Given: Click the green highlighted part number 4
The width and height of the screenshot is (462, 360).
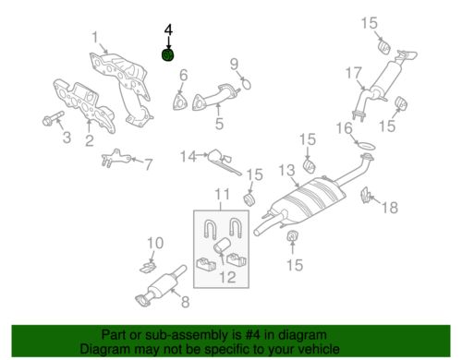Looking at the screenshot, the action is click(168, 55).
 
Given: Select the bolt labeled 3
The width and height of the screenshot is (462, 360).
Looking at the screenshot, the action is click(53, 119).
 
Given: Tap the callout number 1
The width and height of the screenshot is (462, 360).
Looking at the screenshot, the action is click(95, 37).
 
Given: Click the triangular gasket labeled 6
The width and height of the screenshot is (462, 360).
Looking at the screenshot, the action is click(180, 102).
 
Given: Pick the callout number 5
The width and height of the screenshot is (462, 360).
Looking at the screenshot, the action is click(219, 124).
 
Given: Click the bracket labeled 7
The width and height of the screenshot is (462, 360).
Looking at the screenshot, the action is click(115, 158).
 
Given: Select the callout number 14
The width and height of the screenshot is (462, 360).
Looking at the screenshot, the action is click(188, 156).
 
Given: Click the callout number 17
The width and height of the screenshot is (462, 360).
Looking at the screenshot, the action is click(353, 73).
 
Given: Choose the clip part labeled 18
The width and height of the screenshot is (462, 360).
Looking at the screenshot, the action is click(366, 195).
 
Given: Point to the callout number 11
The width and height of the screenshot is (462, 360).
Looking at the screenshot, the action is click(222, 195).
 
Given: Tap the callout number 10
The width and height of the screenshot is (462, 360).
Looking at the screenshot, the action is click(155, 243).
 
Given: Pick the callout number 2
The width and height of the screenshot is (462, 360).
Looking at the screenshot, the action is click(89, 140).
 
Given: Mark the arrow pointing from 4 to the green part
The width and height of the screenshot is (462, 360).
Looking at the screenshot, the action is click(168, 42).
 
